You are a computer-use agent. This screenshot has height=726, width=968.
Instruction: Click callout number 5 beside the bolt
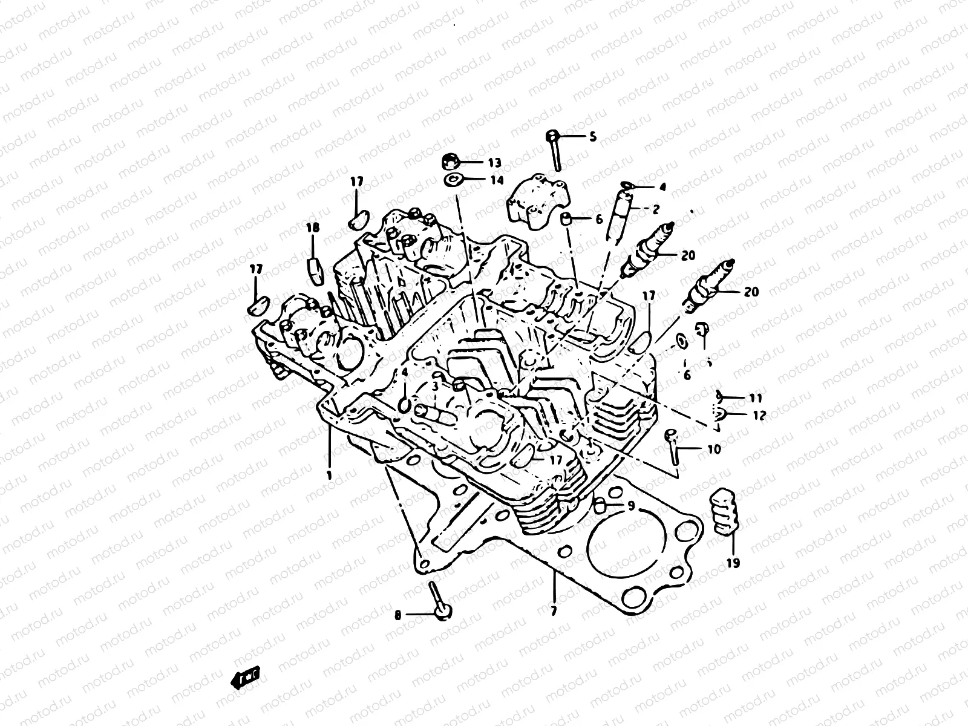pos(592,137)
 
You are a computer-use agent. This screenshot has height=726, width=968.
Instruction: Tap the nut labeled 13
pos(450,162)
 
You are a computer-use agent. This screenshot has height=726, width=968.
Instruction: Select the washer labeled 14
pos(451,180)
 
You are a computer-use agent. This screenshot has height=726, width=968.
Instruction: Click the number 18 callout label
pos(312,228)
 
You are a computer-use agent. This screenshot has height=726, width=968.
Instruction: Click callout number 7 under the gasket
pos(554,610)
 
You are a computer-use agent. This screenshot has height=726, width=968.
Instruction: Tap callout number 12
pos(759,416)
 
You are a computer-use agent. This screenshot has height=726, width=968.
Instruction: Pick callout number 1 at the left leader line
pos(329,475)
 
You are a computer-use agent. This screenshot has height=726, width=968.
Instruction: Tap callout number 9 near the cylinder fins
pos(630,506)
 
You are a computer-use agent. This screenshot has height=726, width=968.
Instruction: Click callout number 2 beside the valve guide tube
pos(655,209)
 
